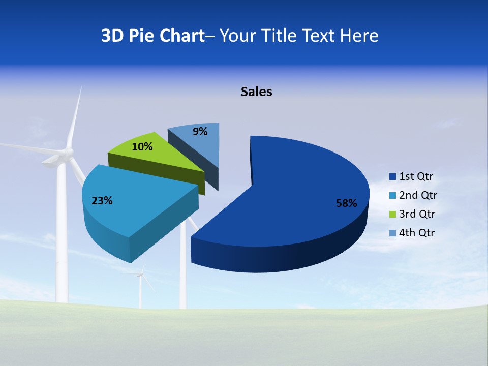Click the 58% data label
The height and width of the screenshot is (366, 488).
346,203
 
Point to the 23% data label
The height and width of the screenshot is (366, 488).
102,201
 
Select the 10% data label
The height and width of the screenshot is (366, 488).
142,147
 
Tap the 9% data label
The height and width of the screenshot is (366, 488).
200,132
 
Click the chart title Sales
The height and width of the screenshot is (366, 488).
257,91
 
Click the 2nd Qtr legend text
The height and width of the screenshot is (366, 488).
418,195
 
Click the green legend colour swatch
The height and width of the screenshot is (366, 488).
392,214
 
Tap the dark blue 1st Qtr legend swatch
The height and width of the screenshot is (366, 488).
392,176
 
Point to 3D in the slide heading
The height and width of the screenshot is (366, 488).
112,36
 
